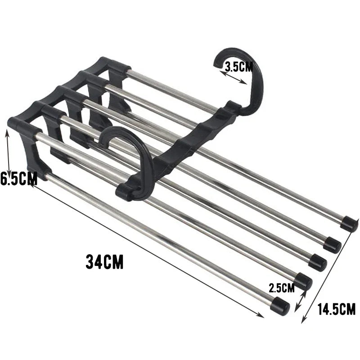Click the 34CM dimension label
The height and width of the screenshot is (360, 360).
pyautogui.click(x=104, y=261)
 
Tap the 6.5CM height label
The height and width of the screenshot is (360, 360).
pyautogui.click(x=18, y=179)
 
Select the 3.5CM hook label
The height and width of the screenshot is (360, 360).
pyautogui.click(x=239, y=67)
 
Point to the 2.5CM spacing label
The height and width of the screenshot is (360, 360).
pyautogui.click(x=281, y=287)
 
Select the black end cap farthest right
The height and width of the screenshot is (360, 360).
pyautogui.click(x=349, y=224)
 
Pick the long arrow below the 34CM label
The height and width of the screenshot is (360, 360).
pyautogui.click(x=148, y=250)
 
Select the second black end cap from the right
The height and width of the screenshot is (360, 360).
pyautogui.click(x=333, y=244)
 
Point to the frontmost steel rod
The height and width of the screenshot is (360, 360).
pyautogui.click(x=157, y=238)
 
